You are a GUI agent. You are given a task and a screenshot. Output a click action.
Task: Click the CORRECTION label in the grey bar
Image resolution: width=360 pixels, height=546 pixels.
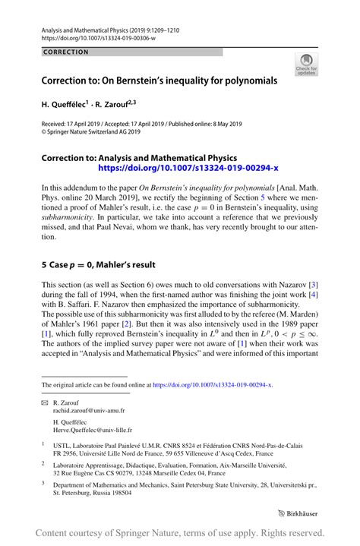[66, 52]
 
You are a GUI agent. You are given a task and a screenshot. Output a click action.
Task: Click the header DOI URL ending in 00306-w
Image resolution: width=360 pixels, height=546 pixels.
[94, 36]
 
